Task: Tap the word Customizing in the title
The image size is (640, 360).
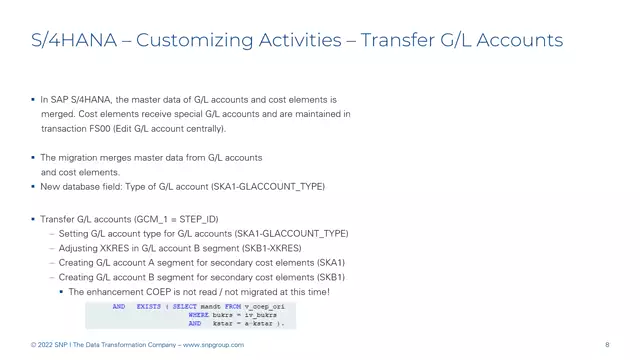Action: tap(190, 41)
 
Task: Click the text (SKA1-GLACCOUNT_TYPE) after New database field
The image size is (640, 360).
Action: tap(271, 186)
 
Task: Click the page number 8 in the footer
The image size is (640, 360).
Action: tap(607, 345)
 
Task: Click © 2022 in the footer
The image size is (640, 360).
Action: tap(43, 345)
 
